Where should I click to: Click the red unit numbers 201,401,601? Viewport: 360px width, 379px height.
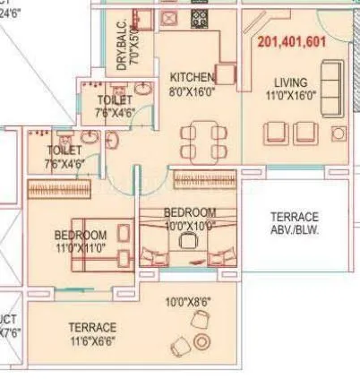click(x=291, y=41)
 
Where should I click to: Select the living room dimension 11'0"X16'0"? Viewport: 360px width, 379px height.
click(x=293, y=96)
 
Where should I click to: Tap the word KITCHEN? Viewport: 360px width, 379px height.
click(x=193, y=77)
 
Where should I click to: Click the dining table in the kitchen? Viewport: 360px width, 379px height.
click(x=199, y=142)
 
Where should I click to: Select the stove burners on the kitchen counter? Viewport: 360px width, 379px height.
click(x=199, y=18)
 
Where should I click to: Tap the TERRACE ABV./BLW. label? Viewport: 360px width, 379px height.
click(x=294, y=223)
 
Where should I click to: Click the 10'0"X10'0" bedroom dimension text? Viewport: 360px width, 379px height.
click(x=189, y=225)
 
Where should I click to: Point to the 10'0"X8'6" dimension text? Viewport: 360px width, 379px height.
click(x=189, y=303)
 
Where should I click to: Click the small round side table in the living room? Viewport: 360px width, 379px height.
click(x=338, y=134)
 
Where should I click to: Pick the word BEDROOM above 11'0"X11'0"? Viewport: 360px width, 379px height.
click(x=81, y=236)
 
